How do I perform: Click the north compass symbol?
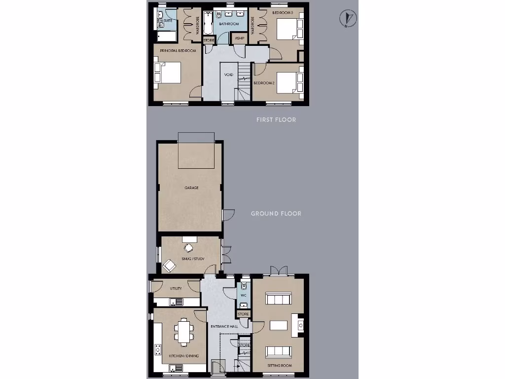click(349, 19)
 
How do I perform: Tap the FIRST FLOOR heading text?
click(276, 120)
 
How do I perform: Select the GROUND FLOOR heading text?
click(276, 214)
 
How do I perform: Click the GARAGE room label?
click(191, 188)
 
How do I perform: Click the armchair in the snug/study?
click(169, 265)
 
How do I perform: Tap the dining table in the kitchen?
click(184, 331)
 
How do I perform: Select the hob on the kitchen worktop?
click(158, 349)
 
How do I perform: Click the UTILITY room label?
click(176, 288)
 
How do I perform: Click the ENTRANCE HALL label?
click(224, 327)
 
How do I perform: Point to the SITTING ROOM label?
click(280, 366)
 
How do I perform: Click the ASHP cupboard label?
click(240, 38)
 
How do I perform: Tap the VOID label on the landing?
click(228, 75)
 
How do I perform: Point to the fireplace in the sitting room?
click(300, 325)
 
